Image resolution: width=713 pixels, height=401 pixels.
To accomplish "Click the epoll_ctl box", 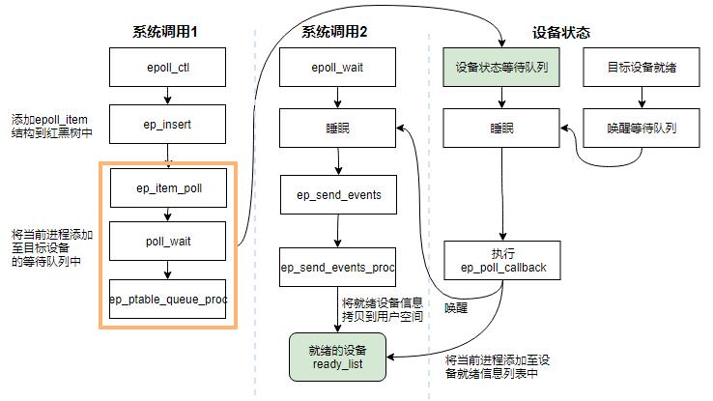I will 168,68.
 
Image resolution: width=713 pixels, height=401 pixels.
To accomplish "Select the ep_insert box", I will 168,126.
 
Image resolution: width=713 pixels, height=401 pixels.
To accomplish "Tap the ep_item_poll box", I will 168,186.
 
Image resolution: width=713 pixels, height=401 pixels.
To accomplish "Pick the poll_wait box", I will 168,242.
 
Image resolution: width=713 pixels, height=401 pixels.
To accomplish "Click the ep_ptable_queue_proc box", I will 168,299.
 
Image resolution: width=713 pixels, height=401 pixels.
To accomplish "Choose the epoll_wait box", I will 337,68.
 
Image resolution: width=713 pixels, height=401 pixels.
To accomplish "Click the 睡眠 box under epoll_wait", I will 337,128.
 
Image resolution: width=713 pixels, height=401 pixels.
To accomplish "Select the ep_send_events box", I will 337,194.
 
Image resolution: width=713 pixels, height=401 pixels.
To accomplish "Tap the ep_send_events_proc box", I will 337,267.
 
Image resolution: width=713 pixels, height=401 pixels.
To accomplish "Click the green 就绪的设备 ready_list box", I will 336,355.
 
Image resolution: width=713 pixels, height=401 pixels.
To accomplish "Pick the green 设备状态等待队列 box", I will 501,68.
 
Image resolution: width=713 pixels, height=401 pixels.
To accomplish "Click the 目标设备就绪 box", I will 642,68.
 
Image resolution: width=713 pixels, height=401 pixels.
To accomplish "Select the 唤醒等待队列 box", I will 642,128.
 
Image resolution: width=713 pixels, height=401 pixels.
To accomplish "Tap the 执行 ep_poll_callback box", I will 501,260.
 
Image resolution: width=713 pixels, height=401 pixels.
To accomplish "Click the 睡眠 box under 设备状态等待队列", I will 501,128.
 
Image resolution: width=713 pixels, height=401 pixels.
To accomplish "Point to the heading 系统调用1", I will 165,32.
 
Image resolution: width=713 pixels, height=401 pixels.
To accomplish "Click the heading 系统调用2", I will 334,32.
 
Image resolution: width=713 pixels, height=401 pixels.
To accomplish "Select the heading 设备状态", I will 560,32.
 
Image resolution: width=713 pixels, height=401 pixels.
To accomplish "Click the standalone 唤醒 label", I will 456,308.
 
